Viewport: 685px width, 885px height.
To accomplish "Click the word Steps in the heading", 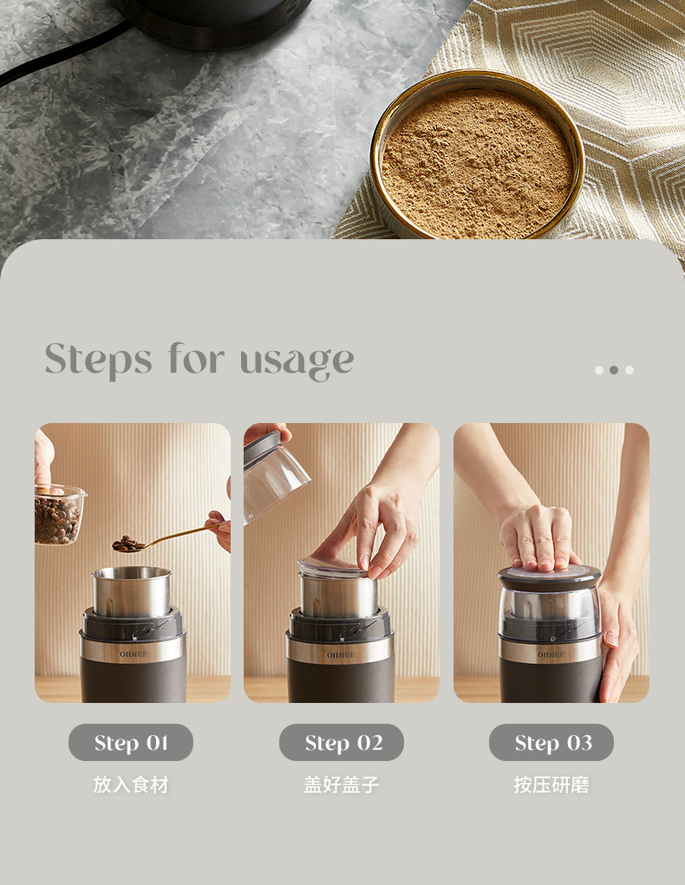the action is coord(98,360).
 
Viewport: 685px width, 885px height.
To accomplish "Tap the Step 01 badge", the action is coord(131,742).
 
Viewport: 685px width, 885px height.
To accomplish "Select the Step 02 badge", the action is coord(342,742).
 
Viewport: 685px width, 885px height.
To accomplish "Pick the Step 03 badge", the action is coord(551,742).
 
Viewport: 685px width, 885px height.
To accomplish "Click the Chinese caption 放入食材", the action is coord(131,784).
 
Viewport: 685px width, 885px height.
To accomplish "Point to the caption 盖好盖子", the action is coord(342,784).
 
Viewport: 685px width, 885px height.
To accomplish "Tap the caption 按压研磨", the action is coord(551,784).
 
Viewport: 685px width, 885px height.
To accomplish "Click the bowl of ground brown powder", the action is coord(478,156).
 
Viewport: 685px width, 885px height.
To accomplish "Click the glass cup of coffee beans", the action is coord(59,515).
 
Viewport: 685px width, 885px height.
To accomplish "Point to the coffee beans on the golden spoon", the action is coord(128,544).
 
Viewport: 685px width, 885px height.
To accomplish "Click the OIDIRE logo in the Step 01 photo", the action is coord(134,654).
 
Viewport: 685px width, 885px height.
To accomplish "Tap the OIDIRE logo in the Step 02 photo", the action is coord(341,654).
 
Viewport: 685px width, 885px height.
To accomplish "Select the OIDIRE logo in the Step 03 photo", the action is coord(551,654).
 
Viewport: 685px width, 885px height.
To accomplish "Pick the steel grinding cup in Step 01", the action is coord(132,591).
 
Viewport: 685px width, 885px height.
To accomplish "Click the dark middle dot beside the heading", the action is coord(614,370).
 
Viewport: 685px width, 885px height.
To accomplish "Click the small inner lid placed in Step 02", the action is coord(333,566).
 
